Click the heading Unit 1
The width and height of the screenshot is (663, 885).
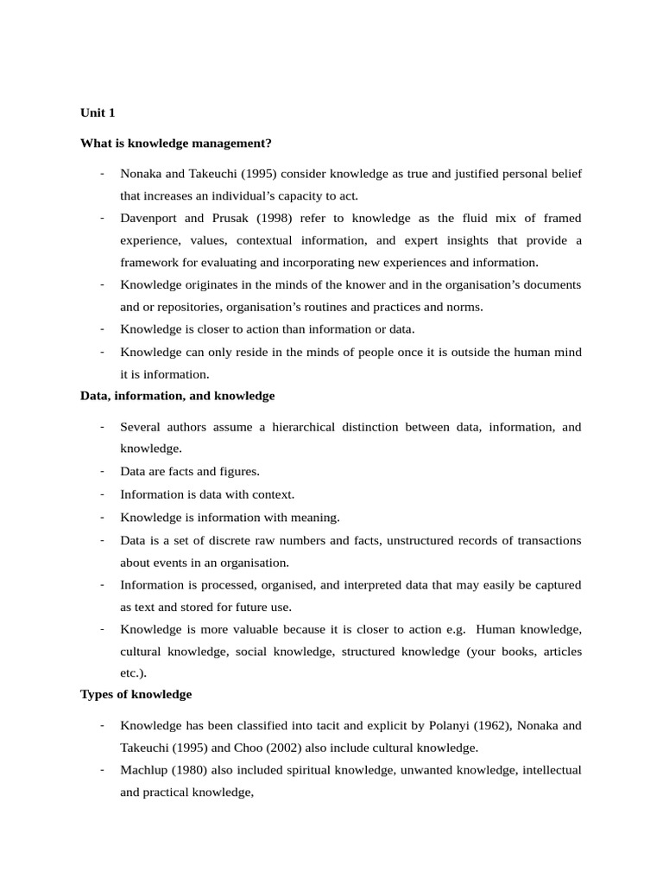point(98,112)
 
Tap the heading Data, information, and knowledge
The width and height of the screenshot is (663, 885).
point(177,396)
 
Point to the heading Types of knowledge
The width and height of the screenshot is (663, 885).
point(136,694)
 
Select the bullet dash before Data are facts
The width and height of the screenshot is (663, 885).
point(102,471)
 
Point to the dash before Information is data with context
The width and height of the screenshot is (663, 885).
point(102,493)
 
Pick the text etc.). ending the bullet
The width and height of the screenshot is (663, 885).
point(135,672)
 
